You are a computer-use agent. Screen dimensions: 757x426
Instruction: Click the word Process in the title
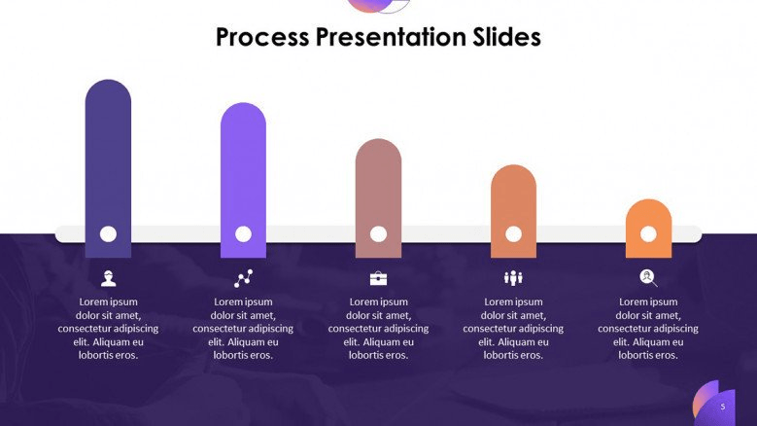point(262,37)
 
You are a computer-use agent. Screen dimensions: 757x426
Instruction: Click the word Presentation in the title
point(391,37)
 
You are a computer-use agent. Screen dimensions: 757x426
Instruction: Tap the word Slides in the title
point(507,37)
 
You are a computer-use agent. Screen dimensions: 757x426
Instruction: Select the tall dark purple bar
point(108,168)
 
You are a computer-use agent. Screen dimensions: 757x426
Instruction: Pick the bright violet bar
point(243,180)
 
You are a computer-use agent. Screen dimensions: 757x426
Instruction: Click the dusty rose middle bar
point(379,198)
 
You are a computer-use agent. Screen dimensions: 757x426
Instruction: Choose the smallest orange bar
point(648,229)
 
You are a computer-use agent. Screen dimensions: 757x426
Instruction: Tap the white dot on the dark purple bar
point(108,234)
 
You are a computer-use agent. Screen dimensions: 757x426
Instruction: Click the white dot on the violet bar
point(243,234)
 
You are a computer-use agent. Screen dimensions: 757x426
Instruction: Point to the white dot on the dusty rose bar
point(379,234)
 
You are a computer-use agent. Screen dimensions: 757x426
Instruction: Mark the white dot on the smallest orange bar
point(648,234)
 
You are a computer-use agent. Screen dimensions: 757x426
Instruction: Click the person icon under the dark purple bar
point(108,279)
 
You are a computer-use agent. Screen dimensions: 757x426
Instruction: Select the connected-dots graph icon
point(243,279)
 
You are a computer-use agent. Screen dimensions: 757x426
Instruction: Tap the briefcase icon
point(379,279)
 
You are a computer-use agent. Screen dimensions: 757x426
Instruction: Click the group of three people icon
point(513,278)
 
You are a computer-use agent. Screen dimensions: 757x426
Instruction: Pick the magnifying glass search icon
point(648,278)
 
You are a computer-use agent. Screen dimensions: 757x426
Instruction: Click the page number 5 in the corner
point(723,407)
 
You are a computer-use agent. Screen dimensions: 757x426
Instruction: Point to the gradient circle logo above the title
point(378,5)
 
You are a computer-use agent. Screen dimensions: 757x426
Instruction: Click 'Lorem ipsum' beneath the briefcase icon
point(379,302)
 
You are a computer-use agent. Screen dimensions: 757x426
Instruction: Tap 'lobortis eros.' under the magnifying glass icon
point(648,355)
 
